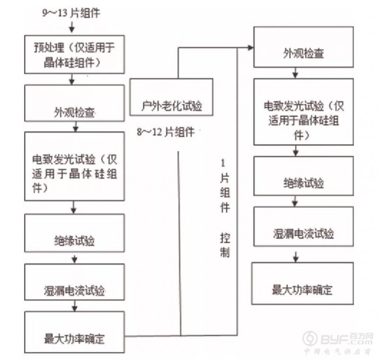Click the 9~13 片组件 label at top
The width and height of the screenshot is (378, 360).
(x=71, y=13)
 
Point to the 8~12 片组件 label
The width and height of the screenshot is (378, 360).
(x=166, y=132)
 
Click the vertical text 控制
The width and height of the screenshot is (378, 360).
(x=224, y=244)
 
